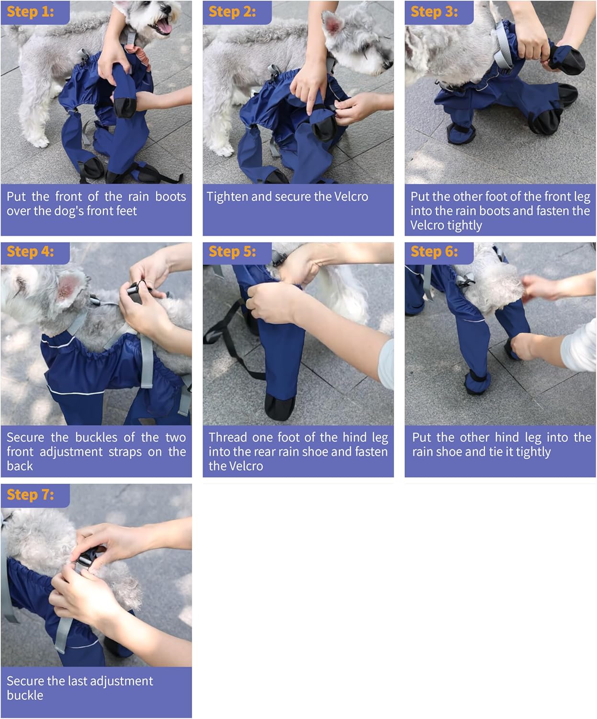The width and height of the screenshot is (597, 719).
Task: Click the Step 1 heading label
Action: click(31, 12)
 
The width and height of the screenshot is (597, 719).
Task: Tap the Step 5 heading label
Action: click(233, 252)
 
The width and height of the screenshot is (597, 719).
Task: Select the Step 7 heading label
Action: click(31, 494)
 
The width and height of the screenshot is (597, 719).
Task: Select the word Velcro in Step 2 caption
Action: click(349, 197)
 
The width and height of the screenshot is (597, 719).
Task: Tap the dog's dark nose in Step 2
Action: click(387, 69)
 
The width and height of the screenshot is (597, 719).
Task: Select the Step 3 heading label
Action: click(435, 12)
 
